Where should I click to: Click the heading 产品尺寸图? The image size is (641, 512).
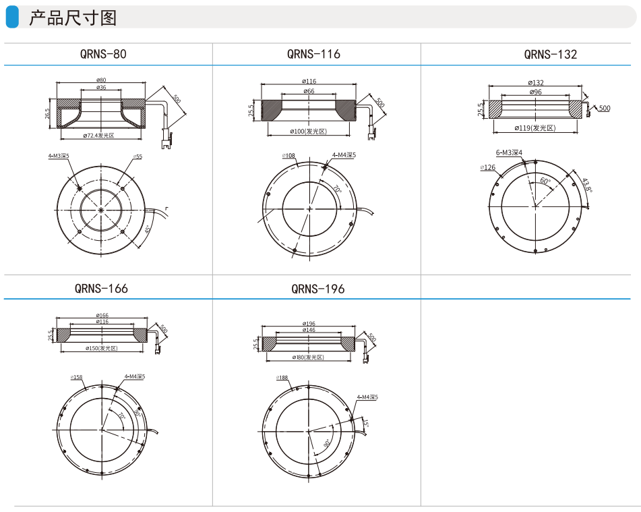pos(72,18)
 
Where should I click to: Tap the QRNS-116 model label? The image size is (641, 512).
pos(313,54)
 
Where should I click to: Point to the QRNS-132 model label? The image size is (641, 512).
pos(550,54)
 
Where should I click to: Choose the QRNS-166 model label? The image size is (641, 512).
pos(101,288)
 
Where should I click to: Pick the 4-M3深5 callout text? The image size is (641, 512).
pos(59,156)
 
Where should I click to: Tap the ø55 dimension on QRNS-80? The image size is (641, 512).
pos(138,157)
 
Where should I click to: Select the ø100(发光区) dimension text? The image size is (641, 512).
pos(308,131)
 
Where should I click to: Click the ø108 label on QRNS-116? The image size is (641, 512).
pos(288,155)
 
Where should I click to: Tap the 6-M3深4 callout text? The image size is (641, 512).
pos(510,152)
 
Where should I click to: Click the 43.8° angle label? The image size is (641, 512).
pos(587,185)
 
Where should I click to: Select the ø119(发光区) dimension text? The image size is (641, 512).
pos(535,127)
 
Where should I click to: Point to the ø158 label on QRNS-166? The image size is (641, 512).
pos(76,377)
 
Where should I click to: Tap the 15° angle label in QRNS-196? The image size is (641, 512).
pos(366,424)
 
